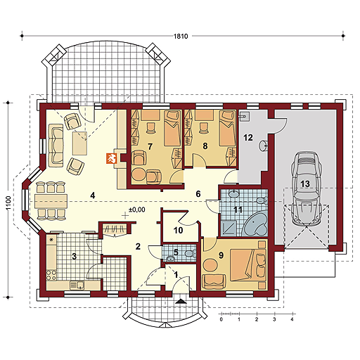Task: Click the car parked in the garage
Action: click(305, 188)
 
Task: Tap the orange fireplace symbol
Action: click(111, 158)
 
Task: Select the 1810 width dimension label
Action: click(181, 37)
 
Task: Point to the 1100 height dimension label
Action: click(8, 203)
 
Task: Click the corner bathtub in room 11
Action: click(255, 224)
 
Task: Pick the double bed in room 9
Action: click(247, 265)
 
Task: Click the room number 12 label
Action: click(248, 137)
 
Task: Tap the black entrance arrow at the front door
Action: click(180, 301)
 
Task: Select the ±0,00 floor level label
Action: click(137, 210)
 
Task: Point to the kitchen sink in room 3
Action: click(77, 285)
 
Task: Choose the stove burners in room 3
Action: click(51, 275)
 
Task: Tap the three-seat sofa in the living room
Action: click(56, 146)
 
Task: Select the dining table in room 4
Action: click(51, 201)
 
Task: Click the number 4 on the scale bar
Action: click(292, 319)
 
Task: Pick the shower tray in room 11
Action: click(228, 229)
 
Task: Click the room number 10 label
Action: click(178, 231)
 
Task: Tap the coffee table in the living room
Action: click(79, 143)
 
